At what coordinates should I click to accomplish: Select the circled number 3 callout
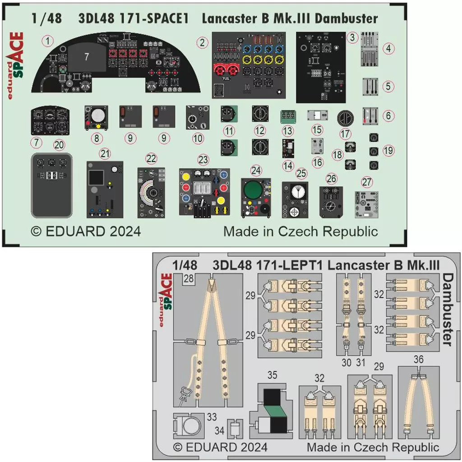[x=354, y=36]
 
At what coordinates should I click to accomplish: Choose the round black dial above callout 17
[x=346, y=118]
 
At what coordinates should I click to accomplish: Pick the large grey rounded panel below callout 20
[x=52, y=186]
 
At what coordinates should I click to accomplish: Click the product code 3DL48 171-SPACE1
[x=134, y=19]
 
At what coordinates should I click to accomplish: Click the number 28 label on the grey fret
[x=189, y=279]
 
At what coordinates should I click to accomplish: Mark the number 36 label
[x=418, y=359]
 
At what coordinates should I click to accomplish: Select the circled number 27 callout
[x=367, y=182]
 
